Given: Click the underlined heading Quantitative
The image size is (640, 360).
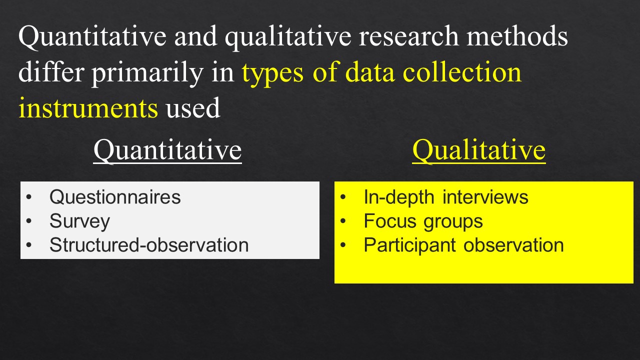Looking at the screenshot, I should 167,150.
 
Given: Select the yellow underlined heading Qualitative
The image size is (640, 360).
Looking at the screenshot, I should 478,150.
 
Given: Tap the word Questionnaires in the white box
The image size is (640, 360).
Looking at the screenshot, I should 115,197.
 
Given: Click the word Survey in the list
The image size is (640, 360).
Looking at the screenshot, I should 79,221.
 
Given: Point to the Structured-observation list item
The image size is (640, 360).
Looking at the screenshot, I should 148,245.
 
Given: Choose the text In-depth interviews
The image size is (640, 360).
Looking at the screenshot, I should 445,197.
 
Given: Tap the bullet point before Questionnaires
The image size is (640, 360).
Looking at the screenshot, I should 28,197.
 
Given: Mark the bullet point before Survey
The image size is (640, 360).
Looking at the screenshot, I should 28,221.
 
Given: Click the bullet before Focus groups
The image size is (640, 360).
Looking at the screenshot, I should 343,221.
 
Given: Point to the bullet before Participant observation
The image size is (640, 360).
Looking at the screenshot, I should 343,245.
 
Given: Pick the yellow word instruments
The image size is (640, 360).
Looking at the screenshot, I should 88,108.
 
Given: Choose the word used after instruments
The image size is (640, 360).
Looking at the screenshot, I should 193,108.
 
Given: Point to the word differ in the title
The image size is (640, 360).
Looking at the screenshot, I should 50,72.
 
